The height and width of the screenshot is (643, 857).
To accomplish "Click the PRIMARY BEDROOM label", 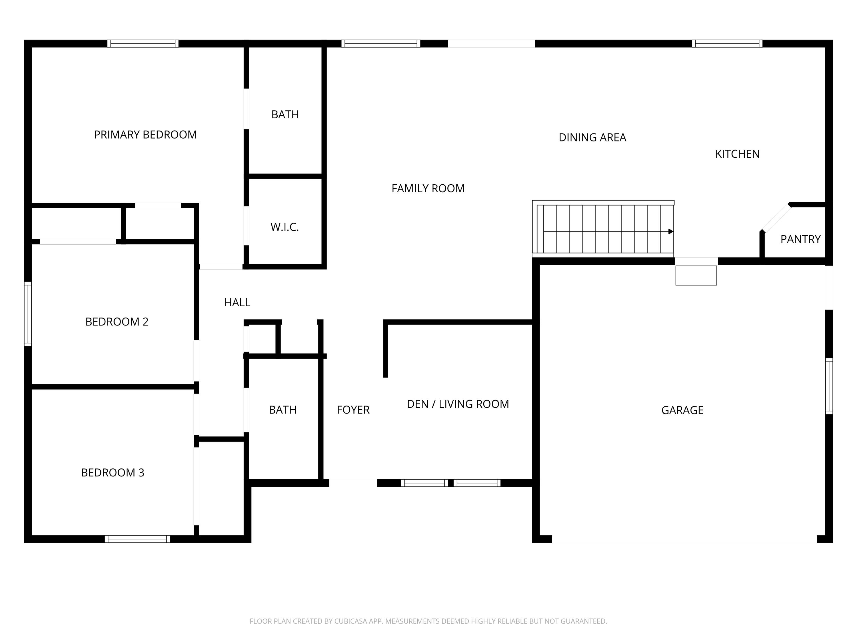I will point(145,135).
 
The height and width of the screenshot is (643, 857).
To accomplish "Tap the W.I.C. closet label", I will point(284,227).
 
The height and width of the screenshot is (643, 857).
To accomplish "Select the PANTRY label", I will point(800,239).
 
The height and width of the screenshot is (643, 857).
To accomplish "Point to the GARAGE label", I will point(682,410).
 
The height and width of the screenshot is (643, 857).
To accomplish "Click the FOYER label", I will point(353,410).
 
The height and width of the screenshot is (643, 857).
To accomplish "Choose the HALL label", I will point(237,302).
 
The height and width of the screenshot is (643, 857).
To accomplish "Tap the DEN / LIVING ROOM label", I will point(458,404).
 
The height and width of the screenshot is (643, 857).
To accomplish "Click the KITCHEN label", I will point(737,154).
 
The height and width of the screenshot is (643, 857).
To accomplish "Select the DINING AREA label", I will point(592,137).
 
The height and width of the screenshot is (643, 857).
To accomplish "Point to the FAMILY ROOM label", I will point(428,188).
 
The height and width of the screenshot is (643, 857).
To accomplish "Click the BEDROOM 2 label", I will point(117,322).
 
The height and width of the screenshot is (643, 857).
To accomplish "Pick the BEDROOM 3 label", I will point(112,472).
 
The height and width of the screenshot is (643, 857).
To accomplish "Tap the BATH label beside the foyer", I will point(283,410).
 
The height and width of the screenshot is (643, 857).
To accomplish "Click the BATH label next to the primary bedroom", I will point(285,114).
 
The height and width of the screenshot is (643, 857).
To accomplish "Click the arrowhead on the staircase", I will point(671,231).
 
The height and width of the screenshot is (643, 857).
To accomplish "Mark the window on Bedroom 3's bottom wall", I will point(137,539).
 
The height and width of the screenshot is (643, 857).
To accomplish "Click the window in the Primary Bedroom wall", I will point(143,43).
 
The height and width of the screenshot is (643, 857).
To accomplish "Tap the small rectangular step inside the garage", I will point(696,275).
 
